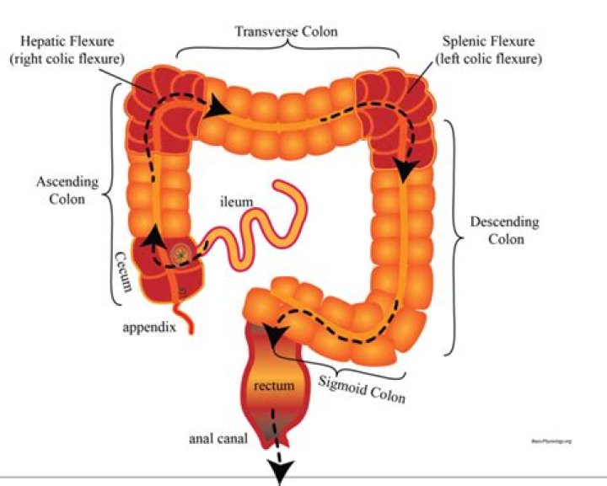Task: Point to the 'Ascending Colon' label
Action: coord(67,190)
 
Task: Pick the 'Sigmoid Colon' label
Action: coord(363,385)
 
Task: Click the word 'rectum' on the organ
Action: coord(273,387)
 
